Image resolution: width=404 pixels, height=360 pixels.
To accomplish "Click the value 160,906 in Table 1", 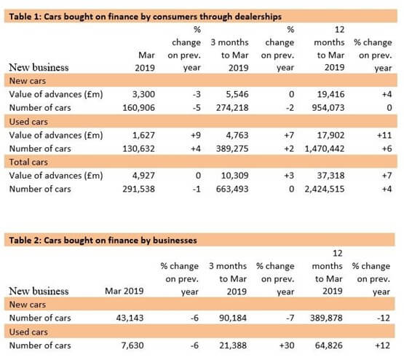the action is click(x=138, y=108).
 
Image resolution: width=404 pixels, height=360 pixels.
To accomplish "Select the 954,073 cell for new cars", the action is click(x=328, y=108).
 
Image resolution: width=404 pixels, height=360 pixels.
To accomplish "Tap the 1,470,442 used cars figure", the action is click(x=325, y=149).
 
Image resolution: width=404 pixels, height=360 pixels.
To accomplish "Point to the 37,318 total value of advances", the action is click(x=330, y=176).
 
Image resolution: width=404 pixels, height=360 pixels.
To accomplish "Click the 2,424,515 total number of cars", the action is click(x=325, y=189).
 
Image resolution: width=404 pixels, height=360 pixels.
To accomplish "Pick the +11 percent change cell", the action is click(x=384, y=135).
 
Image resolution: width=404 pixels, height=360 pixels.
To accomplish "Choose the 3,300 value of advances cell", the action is click(x=143, y=94).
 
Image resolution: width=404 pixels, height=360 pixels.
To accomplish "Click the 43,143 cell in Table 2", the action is click(x=130, y=318).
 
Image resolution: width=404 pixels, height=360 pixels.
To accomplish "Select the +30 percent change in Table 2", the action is click(x=287, y=345).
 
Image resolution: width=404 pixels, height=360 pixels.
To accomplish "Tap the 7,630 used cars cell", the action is click(x=132, y=345).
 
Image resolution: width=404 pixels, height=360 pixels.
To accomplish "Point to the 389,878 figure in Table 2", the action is click(x=326, y=318).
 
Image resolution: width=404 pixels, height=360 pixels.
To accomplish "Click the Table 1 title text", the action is click(x=146, y=17).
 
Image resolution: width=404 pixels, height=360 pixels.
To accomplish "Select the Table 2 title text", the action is click(x=103, y=240).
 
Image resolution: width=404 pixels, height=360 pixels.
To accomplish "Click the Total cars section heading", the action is click(x=28, y=162).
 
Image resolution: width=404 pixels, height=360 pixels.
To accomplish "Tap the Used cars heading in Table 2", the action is click(x=28, y=332).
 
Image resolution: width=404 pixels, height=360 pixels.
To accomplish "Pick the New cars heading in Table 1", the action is click(x=28, y=81).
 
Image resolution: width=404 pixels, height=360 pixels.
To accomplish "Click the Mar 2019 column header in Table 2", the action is click(x=124, y=291).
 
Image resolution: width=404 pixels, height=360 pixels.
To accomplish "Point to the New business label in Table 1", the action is click(x=39, y=67).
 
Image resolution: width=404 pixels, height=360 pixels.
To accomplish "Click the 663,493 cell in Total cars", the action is click(x=232, y=189).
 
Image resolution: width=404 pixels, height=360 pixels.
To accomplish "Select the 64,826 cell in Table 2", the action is click(x=329, y=345).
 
